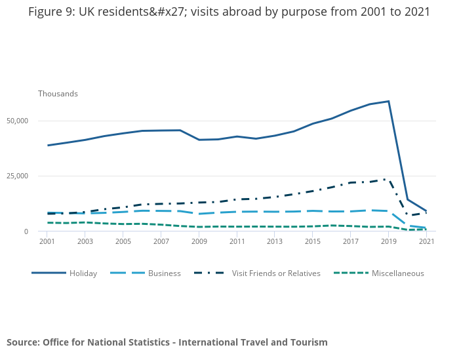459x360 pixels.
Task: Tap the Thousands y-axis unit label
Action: (x=58, y=94)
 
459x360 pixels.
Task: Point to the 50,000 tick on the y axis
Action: (x=17, y=121)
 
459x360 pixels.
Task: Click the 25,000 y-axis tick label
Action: (x=17, y=176)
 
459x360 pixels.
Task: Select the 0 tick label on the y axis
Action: (x=26, y=231)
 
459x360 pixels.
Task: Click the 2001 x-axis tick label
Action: (x=47, y=242)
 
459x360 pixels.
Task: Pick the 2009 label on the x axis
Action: (x=199, y=242)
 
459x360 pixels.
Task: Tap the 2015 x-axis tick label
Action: (x=313, y=242)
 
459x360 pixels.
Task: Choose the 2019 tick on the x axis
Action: (x=389, y=242)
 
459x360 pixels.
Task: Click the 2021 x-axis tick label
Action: (x=427, y=242)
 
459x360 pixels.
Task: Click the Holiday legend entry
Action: (x=83, y=273)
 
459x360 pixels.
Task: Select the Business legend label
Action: (x=164, y=273)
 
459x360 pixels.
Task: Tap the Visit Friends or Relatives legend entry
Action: (x=276, y=273)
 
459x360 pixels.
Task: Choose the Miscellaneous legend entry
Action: (x=397, y=273)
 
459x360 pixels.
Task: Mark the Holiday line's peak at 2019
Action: (x=389, y=102)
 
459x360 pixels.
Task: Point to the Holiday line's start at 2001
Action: (x=48, y=146)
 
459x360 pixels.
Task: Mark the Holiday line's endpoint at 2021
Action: (x=427, y=211)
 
